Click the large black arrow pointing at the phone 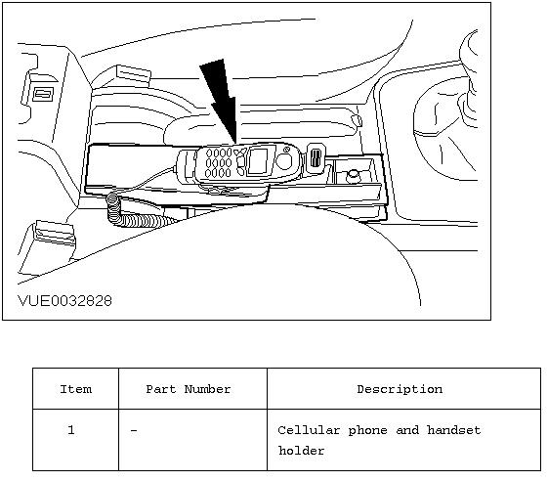coord(220,100)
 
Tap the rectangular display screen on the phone coord(258,161)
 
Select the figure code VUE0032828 coord(65,301)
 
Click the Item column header coord(76,389)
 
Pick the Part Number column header coord(189,389)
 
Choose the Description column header coord(400,389)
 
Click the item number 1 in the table coord(71,429)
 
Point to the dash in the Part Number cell coord(134,430)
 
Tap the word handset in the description coord(454,430)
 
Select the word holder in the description coord(301,451)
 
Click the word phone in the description coord(367,430)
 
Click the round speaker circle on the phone coord(284,161)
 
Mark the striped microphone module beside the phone coord(316,157)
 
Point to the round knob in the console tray coord(354,175)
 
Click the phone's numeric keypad coord(219,162)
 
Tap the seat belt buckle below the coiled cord coord(55,233)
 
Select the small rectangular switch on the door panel coord(43,94)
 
